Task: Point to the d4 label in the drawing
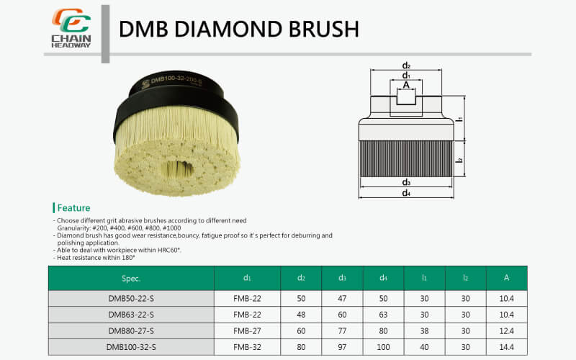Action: pos(406,193)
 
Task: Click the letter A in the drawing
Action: pos(406,85)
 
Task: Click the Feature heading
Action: pos(73,208)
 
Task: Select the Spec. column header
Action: pos(131,278)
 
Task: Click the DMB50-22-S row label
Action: pos(131,297)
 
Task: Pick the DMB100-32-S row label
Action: pos(131,347)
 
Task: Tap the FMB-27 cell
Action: pos(247,330)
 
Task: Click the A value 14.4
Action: pos(506,347)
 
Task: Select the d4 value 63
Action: pos(384,314)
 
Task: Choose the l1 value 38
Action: pos(425,330)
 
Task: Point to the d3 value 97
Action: pos(343,347)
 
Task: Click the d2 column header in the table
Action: pos(302,278)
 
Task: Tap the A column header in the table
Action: pos(506,278)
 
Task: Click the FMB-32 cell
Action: pos(247,347)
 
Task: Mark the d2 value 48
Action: pos(302,314)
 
